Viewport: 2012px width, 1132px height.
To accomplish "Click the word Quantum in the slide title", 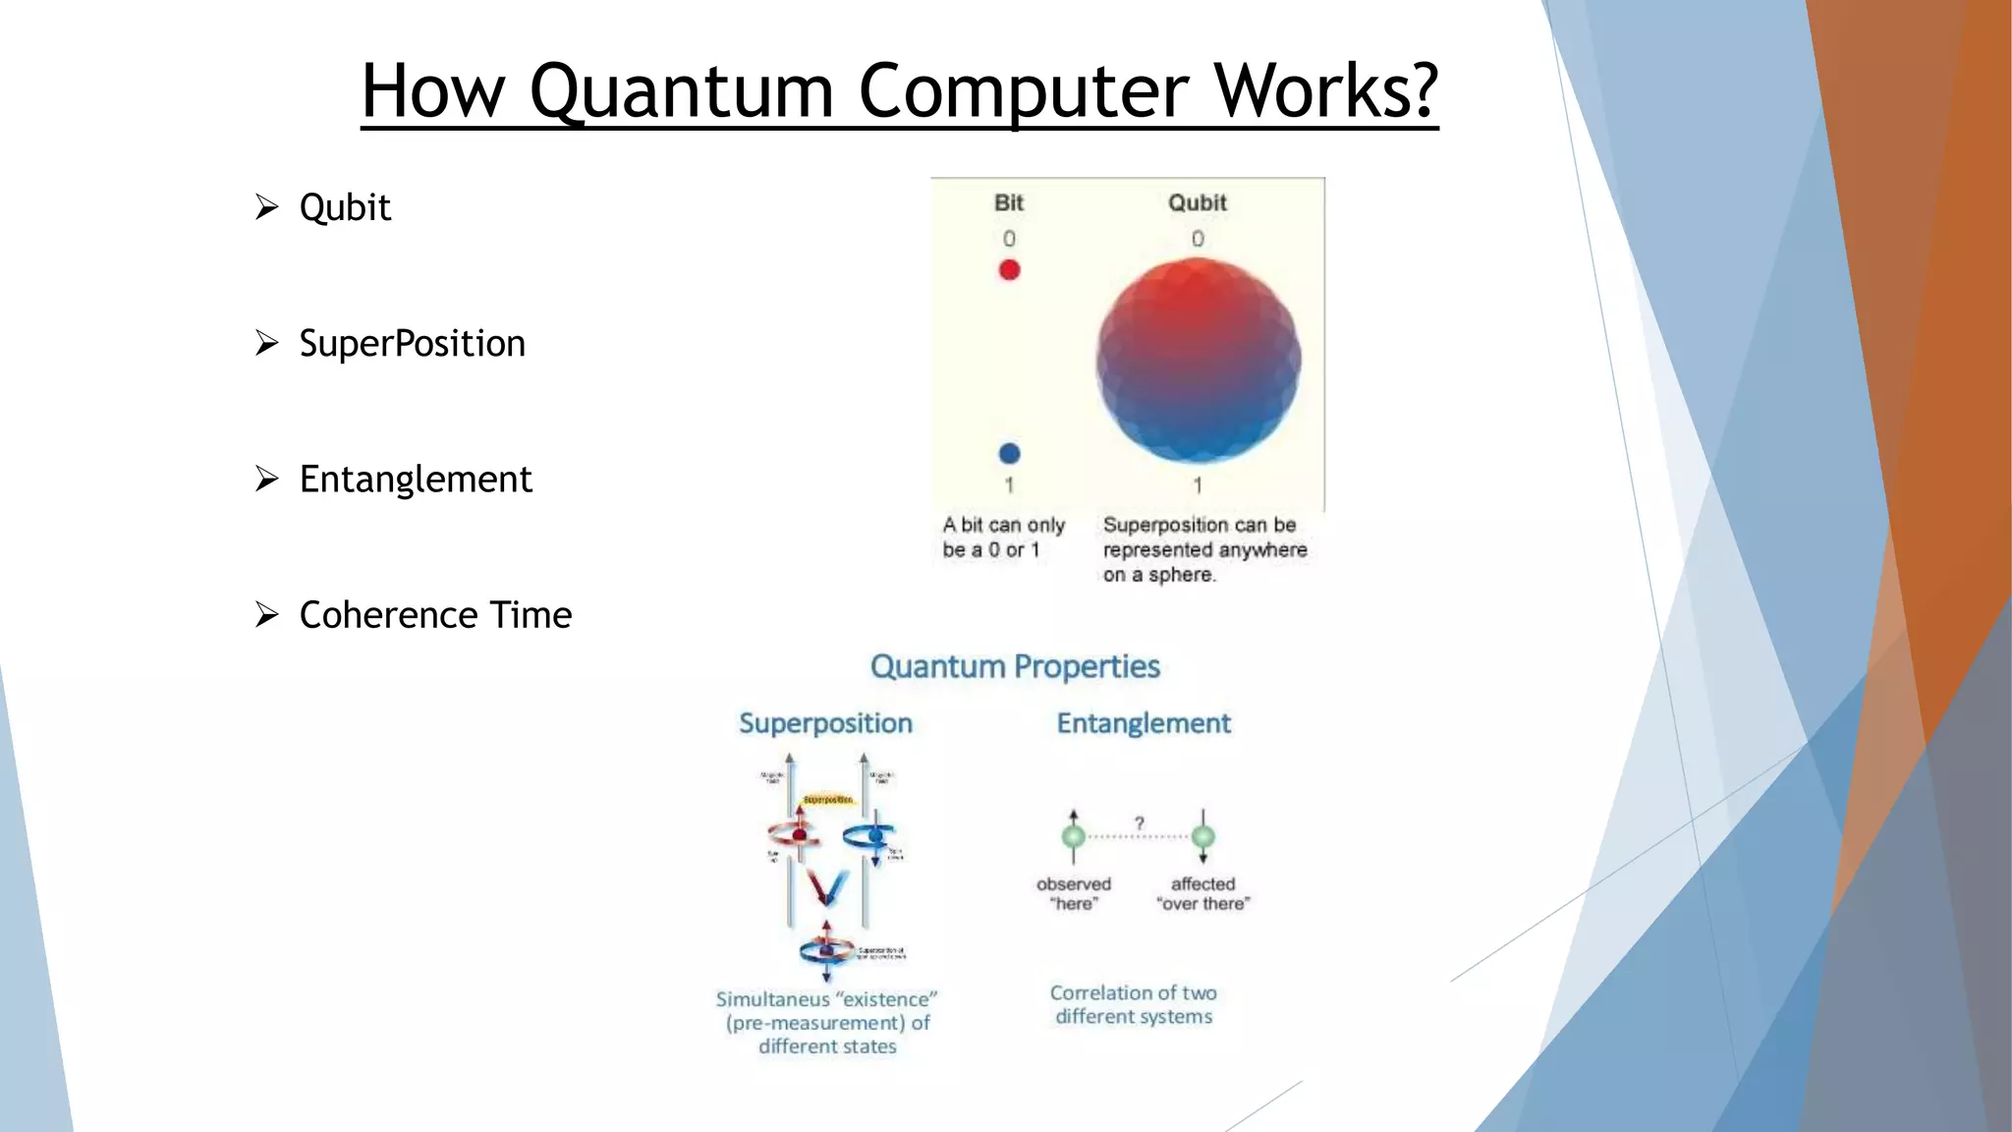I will tap(681, 91).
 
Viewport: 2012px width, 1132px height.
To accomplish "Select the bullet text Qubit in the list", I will tap(345, 207).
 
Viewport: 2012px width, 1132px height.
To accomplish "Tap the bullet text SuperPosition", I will tap(412, 343).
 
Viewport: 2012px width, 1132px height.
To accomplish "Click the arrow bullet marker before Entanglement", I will tap(267, 479).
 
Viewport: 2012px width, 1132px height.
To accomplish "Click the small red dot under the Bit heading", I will tap(1009, 269).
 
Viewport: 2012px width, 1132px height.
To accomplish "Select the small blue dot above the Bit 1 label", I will tap(1009, 453).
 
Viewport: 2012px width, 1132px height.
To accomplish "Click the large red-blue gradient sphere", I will tap(1198, 361).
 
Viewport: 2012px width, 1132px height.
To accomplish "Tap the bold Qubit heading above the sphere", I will tap(1197, 202).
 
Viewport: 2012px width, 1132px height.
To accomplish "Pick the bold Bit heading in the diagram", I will tap(1009, 202).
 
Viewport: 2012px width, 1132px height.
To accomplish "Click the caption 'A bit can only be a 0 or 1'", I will tap(1003, 538).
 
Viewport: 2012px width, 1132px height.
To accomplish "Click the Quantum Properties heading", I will tap(1015, 666).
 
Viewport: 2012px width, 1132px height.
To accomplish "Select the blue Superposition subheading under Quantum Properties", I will tap(825, 723).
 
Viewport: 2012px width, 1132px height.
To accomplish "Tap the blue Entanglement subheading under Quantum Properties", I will tap(1144, 723).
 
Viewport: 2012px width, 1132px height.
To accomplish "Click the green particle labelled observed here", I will tap(1074, 836).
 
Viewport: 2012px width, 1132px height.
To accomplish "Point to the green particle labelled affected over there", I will tap(1203, 836).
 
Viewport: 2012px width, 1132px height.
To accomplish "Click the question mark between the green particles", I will tap(1140, 822).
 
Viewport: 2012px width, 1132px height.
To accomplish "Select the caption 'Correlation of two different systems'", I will tap(1133, 1004).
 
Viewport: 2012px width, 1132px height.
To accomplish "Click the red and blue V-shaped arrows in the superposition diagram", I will tap(826, 887).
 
